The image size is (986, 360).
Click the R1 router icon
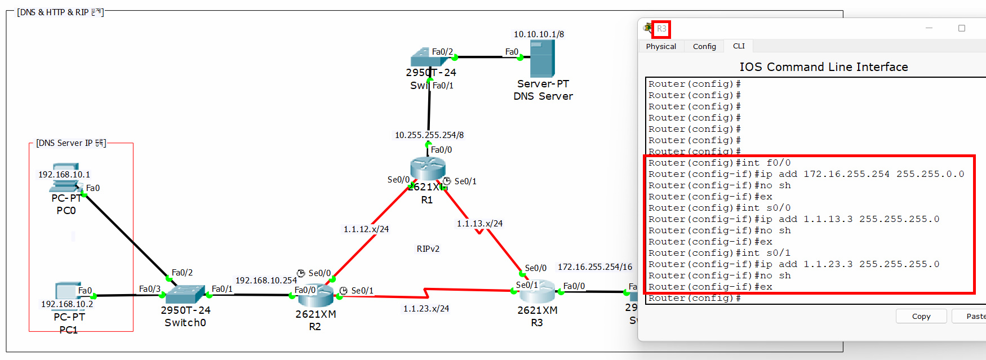point(428,168)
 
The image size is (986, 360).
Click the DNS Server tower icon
point(542,59)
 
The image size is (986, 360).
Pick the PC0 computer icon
point(65,178)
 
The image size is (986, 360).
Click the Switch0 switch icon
point(185,294)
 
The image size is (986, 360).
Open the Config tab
point(704,46)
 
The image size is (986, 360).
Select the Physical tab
point(661,46)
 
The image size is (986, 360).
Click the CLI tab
point(739,46)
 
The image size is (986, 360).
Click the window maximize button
point(962,28)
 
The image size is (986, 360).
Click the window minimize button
point(929,28)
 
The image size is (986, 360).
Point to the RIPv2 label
point(428,249)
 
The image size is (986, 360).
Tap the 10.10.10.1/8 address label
point(539,34)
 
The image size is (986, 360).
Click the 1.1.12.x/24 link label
point(366,229)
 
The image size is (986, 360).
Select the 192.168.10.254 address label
point(266,281)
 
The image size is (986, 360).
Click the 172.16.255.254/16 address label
point(595,267)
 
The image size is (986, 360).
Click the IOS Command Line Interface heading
point(823,67)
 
